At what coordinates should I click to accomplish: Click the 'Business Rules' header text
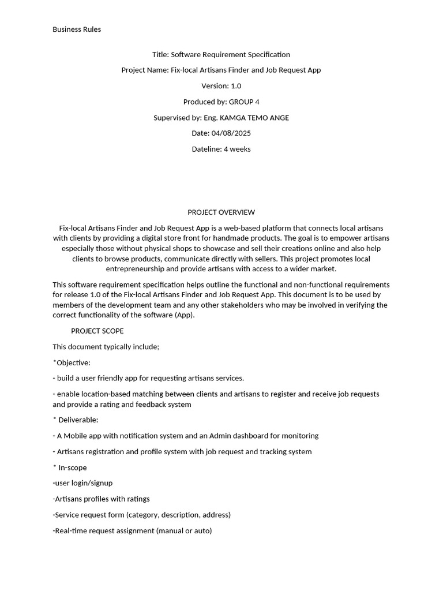77,29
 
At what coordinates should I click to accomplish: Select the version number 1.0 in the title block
235,86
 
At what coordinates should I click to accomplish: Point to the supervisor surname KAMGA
232,118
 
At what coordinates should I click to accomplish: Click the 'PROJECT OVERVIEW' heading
221,212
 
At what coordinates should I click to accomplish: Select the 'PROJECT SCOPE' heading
97,331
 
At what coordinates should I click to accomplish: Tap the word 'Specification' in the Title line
269,55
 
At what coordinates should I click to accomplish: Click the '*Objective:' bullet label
72,363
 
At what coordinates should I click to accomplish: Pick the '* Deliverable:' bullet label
76,420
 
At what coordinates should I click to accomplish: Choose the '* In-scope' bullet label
70,467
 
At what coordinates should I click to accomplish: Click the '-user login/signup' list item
82,483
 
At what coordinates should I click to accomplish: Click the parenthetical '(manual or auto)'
184,530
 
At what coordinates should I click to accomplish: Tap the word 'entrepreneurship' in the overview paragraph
142,269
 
